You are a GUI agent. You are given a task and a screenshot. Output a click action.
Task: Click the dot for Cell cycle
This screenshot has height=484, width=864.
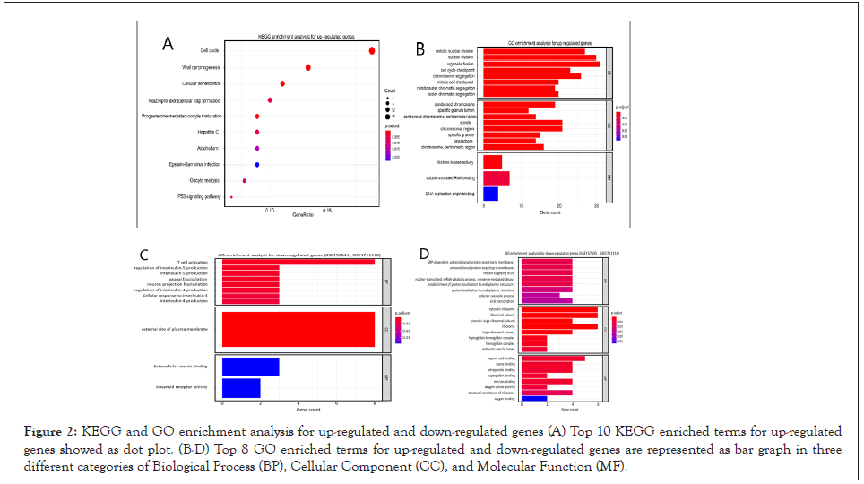point(371,51)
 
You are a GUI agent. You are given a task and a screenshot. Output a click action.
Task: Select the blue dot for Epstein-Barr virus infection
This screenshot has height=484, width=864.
point(257,165)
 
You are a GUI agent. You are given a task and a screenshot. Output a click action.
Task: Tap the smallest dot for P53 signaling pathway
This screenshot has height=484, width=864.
point(231,197)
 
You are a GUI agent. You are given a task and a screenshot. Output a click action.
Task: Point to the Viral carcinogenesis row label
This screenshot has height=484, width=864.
point(202,67)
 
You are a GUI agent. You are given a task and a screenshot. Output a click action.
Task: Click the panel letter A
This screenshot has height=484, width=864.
point(167,43)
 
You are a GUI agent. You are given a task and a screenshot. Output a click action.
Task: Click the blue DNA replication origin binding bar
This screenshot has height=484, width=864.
point(490,194)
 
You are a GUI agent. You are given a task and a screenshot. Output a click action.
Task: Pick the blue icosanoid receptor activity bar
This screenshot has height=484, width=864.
point(240,388)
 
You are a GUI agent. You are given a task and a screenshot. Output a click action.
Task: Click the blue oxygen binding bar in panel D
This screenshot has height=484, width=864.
point(533,398)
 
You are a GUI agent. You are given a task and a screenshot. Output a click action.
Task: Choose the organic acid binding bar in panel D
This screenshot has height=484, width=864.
point(552,359)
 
